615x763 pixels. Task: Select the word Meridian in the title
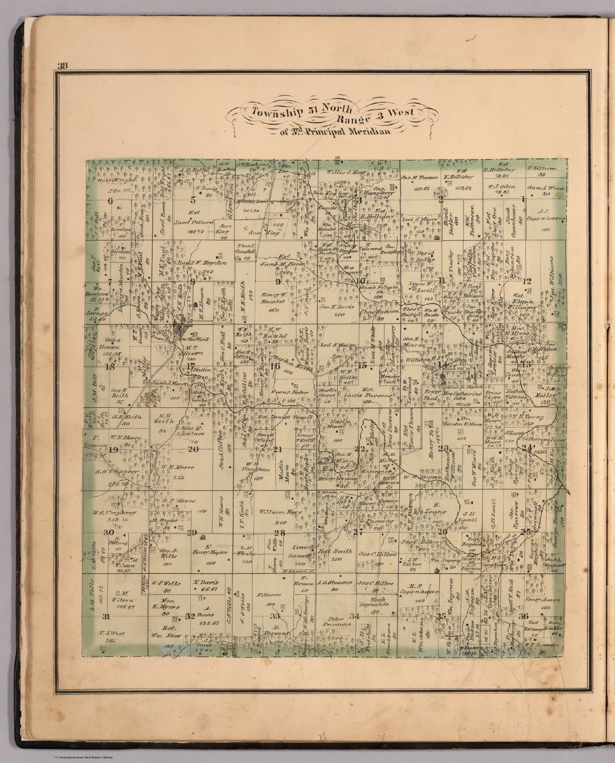click(x=365, y=131)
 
